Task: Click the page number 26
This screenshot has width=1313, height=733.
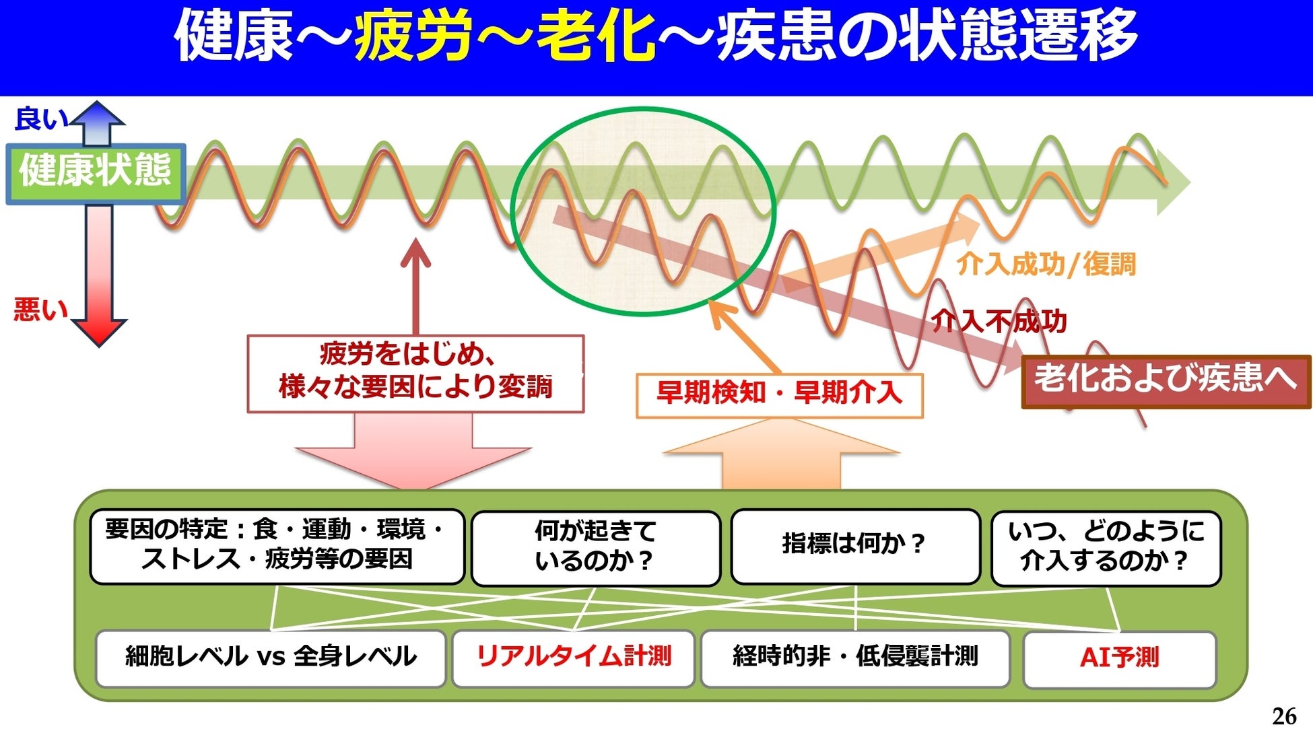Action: (x=1284, y=715)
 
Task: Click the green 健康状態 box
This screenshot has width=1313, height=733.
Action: (x=96, y=172)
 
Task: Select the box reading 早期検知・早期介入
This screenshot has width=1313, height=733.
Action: (x=779, y=393)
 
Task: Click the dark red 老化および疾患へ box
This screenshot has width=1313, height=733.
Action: (x=1166, y=380)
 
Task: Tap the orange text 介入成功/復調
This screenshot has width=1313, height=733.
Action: (x=1046, y=264)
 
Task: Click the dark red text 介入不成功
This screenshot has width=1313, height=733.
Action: (x=999, y=321)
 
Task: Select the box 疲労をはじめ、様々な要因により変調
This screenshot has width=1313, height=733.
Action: (x=415, y=372)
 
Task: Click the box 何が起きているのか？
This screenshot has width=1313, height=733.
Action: (x=596, y=547)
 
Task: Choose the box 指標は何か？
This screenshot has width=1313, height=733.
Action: (x=854, y=545)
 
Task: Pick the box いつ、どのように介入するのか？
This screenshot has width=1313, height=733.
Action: (x=1106, y=547)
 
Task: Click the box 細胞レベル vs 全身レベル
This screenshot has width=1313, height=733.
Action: (x=271, y=658)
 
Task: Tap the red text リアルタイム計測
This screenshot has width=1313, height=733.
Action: (x=574, y=657)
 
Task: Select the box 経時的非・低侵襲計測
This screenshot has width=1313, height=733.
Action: (x=855, y=657)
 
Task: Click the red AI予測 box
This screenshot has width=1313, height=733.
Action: (x=1119, y=658)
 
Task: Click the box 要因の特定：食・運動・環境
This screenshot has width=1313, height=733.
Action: (x=277, y=545)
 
